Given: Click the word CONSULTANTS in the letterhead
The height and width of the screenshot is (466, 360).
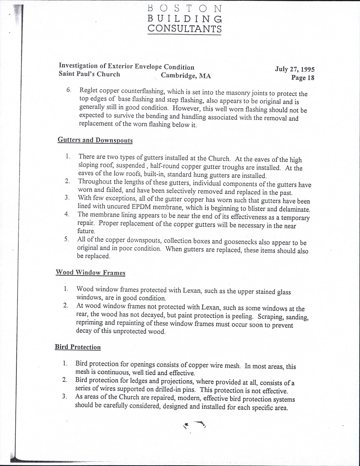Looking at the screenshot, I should point(184,29).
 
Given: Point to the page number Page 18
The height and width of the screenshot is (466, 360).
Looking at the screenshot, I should point(303,78).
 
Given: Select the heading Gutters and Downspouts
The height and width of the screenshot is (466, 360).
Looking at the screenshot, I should point(95,140).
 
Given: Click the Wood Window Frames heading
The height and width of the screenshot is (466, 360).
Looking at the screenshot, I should point(90,273).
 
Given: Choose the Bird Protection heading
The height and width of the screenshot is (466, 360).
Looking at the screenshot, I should point(78,347).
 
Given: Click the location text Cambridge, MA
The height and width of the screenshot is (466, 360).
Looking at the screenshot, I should point(186,76).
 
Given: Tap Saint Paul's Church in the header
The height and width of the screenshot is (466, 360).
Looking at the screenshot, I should point(89,74).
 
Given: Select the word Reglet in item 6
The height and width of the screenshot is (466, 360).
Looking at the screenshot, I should point(88,90).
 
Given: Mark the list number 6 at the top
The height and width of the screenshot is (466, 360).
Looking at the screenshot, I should point(69,90).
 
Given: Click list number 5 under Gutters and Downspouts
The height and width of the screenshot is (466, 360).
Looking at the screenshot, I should point(66,239).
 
